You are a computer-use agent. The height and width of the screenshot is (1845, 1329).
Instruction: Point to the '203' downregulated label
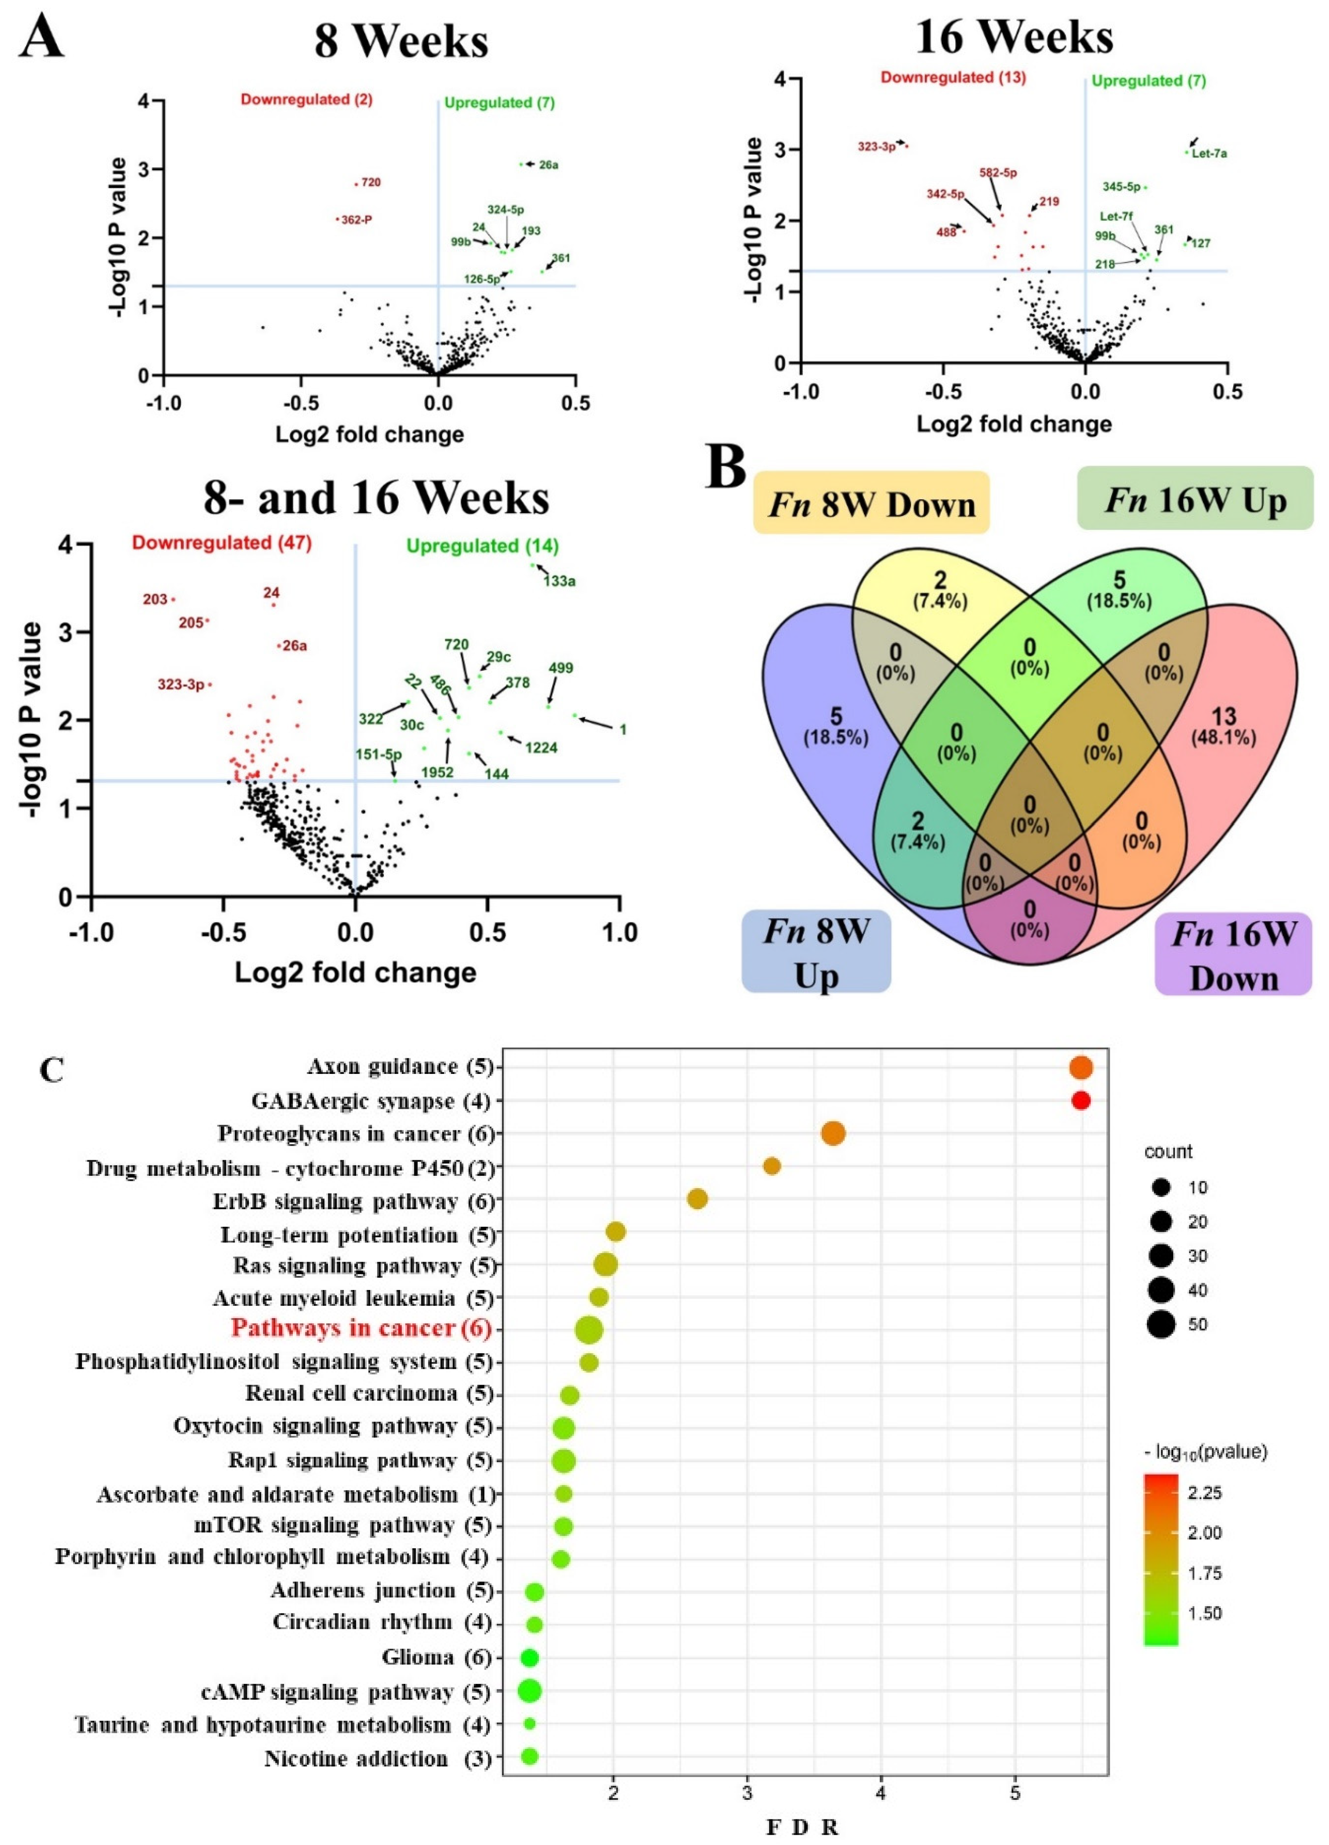[155, 599]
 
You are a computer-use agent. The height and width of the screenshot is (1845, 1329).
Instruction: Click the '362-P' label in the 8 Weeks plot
[356, 220]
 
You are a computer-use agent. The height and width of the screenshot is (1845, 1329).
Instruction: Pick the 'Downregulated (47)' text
[222, 543]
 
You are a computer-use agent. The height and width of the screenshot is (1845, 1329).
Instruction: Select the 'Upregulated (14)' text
[482, 546]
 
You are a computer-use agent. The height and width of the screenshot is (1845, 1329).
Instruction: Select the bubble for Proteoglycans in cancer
[833, 1133]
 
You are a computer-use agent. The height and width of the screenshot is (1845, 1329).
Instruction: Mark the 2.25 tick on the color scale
[1204, 1493]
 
